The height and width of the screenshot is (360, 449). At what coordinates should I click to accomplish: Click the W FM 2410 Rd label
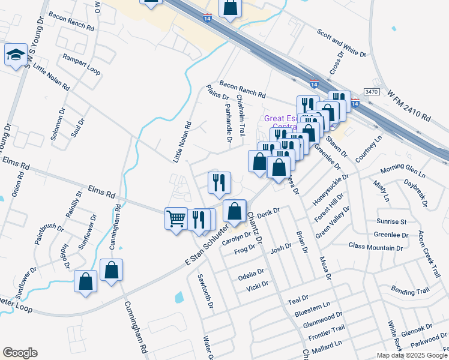(410, 106)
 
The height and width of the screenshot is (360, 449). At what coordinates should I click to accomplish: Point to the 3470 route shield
(372, 92)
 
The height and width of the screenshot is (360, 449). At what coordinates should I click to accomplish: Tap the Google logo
(20, 353)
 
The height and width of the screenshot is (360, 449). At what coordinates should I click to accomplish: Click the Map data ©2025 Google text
(411, 355)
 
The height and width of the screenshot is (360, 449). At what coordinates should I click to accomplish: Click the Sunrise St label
(391, 221)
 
